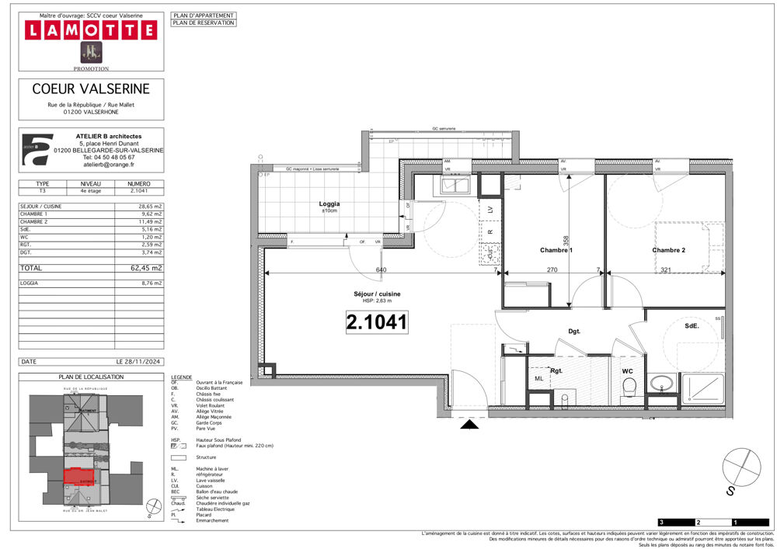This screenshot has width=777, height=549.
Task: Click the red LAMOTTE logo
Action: tap(91, 30)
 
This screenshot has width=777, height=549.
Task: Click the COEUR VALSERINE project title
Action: tap(91, 89)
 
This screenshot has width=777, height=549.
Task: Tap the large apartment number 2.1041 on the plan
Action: tap(377, 322)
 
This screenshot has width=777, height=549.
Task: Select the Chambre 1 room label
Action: tap(556, 250)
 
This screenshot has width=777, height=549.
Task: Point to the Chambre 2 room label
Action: tap(668, 250)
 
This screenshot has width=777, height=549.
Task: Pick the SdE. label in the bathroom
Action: tap(692, 326)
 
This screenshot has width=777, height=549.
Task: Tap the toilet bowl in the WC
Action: tap(629, 387)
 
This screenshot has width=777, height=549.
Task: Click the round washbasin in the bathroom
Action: tap(662, 382)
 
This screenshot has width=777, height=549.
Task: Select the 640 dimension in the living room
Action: tap(381, 270)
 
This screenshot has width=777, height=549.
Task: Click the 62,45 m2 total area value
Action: tap(146, 267)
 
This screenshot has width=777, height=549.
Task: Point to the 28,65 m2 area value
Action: tap(147, 207)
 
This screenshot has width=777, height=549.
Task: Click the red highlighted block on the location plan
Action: tap(78, 477)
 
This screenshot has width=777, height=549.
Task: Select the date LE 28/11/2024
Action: tap(139, 362)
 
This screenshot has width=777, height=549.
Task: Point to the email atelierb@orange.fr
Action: tap(108, 165)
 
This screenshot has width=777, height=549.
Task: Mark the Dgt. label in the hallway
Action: tap(575, 332)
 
